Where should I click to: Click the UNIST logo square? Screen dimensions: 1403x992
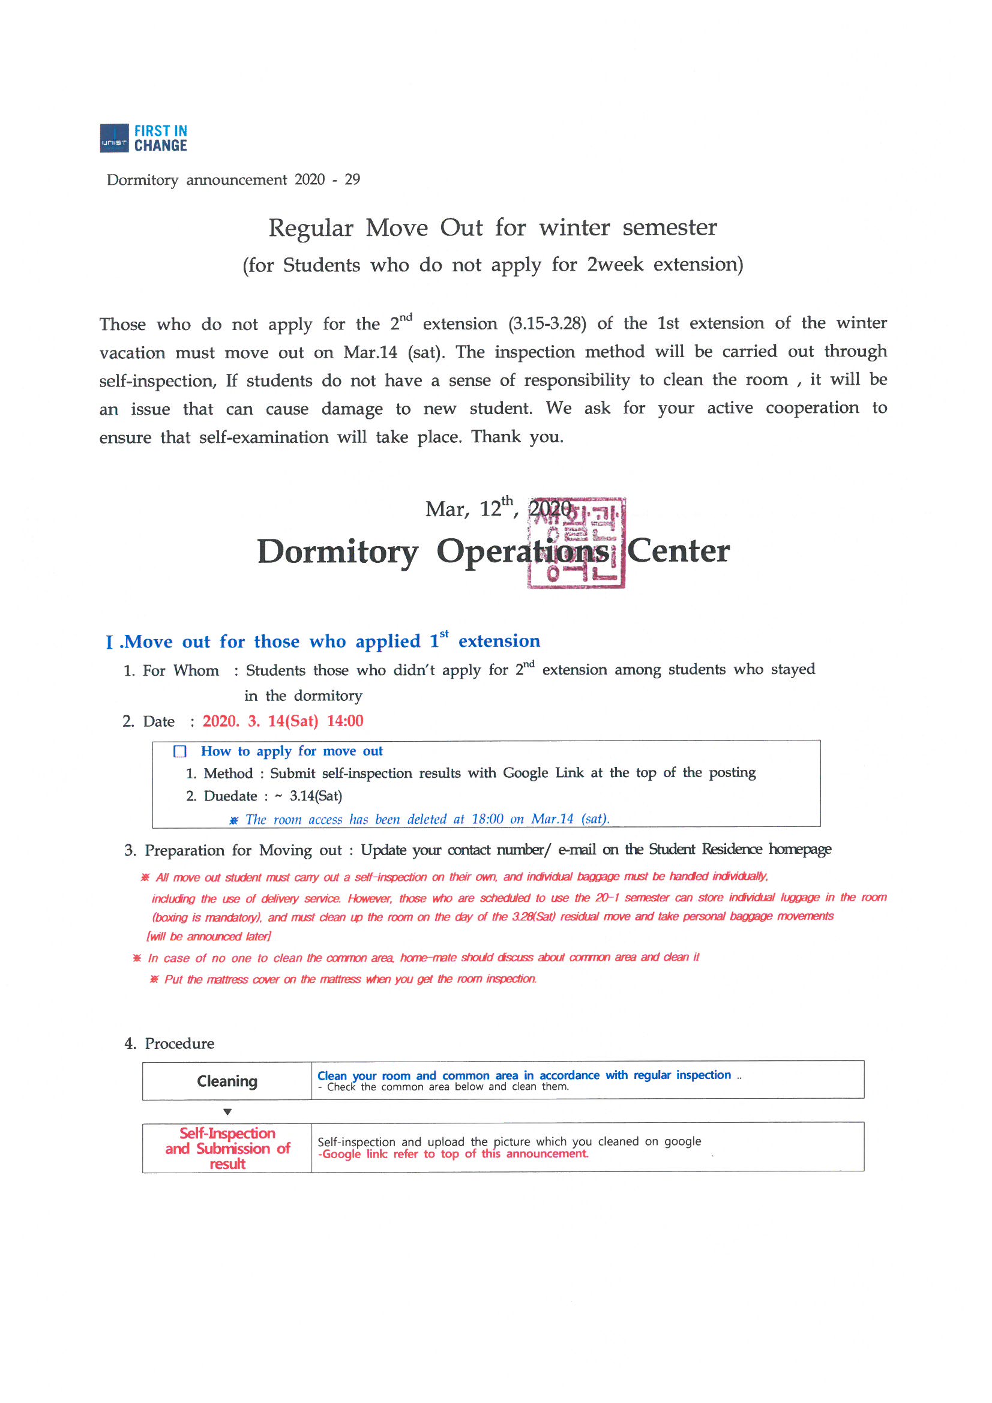pyautogui.click(x=114, y=138)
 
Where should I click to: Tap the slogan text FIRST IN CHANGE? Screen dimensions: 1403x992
pyautogui.click(x=161, y=138)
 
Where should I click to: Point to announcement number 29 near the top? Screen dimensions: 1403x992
pyautogui.click(x=352, y=179)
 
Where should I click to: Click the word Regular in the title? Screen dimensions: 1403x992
pyautogui.click(x=310, y=228)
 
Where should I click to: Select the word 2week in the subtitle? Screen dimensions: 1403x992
pyautogui.click(x=615, y=265)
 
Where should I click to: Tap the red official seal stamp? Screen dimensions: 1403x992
pyautogui.click(x=576, y=543)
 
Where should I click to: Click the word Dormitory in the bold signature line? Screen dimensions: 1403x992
pyautogui.click(x=337, y=551)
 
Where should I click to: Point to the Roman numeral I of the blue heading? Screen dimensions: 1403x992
pyautogui.click(x=109, y=642)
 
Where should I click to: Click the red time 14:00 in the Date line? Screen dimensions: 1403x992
pyautogui.click(x=344, y=721)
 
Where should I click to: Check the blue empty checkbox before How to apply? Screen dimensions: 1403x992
pyautogui.click(x=179, y=751)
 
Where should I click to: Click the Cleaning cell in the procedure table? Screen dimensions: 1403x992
pyautogui.click(x=227, y=1081)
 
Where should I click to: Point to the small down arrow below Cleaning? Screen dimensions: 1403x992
pyautogui.click(x=227, y=1111)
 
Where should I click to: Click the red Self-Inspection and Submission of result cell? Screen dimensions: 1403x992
pyautogui.click(x=227, y=1148)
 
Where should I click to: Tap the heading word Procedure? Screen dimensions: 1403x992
pyautogui.click(x=179, y=1043)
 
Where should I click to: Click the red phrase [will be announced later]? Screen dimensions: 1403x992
pyautogui.click(x=208, y=936)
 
